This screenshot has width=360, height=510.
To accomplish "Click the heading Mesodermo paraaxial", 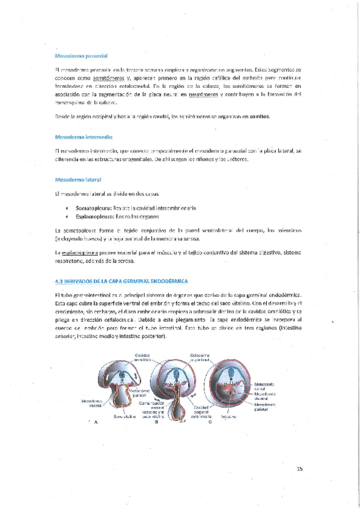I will click(x=81, y=55).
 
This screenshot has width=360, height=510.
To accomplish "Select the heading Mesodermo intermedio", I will click(x=83, y=137).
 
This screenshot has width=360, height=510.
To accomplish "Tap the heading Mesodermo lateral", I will click(x=78, y=179).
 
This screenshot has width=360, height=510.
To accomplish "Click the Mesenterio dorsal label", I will click(x=264, y=386).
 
